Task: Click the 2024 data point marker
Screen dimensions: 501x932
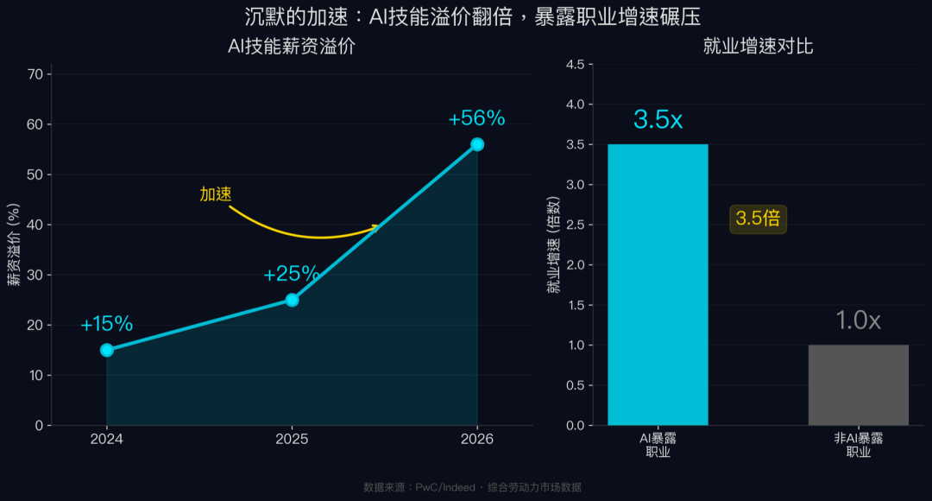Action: [x=107, y=350]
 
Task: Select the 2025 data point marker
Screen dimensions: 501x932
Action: [x=292, y=300]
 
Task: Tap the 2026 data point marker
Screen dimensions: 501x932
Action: [x=477, y=144]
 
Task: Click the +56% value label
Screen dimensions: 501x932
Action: [x=476, y=119]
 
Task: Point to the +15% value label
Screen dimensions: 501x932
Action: [x=107, y=325]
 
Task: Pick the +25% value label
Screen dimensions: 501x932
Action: [x=292, y=275]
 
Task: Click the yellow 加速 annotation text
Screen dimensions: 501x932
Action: [x=216, y=194]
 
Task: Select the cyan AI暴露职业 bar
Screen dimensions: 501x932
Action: [x=658, y=285]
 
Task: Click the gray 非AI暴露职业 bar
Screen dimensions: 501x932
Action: [x=858, y=385]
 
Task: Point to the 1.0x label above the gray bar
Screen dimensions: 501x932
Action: [x=858, y=321]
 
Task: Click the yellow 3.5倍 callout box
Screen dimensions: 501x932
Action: [x=758, y=219]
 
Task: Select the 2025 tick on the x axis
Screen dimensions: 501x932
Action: [x=292, y=439]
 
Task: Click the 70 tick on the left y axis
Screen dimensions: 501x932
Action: [x=35, y=74]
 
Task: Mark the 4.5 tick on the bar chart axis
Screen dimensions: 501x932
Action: [x=575, y=65]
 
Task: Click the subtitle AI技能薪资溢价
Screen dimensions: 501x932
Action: [x=291, y=48]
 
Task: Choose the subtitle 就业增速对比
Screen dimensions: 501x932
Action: [x=758, y=48]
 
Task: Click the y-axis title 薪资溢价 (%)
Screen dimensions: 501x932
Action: [x=15, y=250]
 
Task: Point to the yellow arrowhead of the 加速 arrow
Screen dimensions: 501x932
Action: [x=375, y=228]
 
